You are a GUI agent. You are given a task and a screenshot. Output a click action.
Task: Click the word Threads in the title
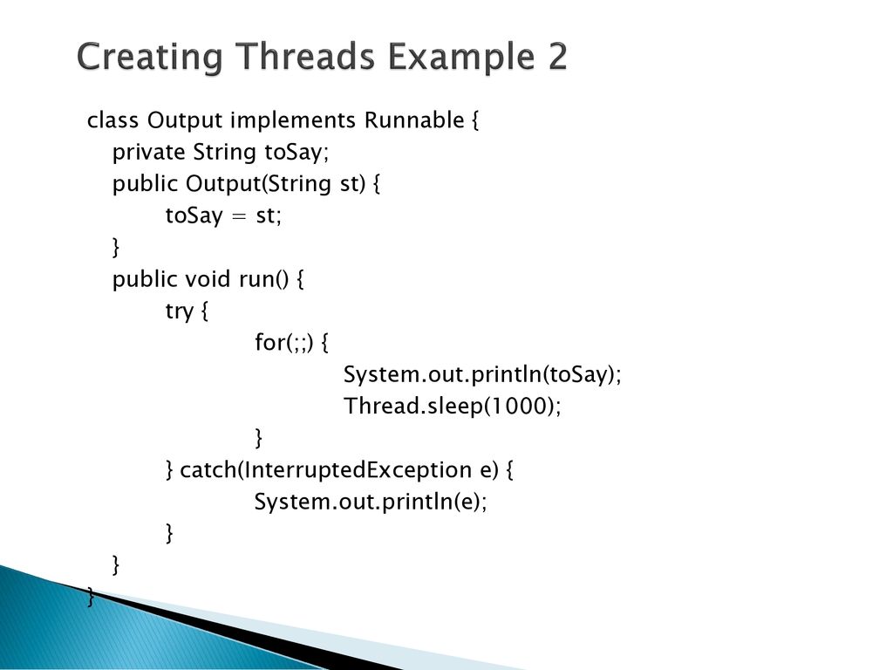pyautogui.click(x=305, y=56)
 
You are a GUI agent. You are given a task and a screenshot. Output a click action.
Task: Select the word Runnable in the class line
pyautogui.click(x=414, y=120)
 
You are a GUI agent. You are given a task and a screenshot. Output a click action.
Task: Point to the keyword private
pyautogui.click(x=148, y=153)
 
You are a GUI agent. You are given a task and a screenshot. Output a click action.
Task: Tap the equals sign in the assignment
pyautogui.click(x=239, y=216)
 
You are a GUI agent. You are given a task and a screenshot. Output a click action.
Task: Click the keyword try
pyautogui.click(x=180, y=311)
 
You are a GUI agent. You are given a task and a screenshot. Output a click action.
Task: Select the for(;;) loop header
pyautogui.click(x=283, y=343)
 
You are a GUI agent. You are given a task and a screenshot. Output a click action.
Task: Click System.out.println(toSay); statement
pyautogui.click(x=482, y=375)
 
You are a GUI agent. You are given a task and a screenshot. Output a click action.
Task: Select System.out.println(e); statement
pyautogui.click(x=371, y=502)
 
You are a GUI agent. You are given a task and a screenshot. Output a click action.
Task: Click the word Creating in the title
pyautogui.click(x=149, y=57)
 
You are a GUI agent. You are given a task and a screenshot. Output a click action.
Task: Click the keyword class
pyautogui.click(x=112, y=120)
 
